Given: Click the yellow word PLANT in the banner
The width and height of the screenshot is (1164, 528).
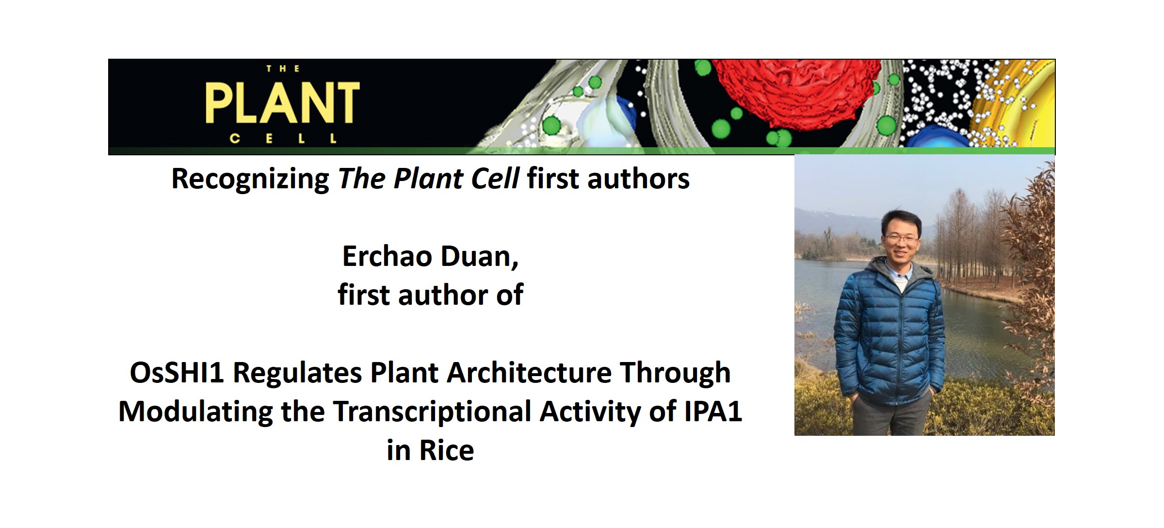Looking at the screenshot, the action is pos(282,103).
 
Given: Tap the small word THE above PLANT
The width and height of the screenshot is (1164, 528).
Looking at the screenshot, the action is pos(283,69).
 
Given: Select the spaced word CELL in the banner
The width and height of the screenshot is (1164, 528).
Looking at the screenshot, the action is pos(283,139).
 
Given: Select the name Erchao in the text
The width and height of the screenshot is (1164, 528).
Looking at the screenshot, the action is pos(387,256).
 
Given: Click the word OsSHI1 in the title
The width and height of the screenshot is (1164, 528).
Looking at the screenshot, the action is pos(177,373).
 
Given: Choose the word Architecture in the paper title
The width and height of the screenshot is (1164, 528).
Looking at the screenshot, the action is pos(529,373).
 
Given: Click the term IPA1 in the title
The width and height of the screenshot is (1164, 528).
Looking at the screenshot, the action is pos(713,411).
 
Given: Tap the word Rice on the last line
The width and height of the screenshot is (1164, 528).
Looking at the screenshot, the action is pos(447,450).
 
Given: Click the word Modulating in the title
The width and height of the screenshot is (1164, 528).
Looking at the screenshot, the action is pos(196,412).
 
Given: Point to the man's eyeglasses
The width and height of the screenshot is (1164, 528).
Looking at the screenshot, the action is pos(901,238).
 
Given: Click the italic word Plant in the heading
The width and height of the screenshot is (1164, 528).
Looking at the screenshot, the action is pos(428,179).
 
